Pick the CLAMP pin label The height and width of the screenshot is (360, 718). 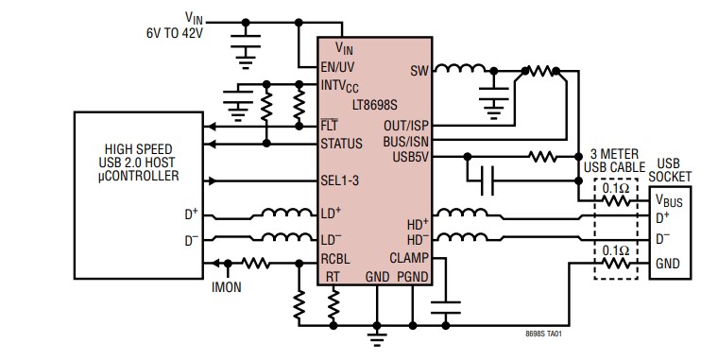(x=409, y=257)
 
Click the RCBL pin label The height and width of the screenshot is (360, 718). (x=336, y=258)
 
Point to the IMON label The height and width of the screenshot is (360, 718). (x=228, y=283)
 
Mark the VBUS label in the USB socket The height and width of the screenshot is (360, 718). (x=669, y=200)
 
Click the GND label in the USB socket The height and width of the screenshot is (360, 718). (x=667, y=264)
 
